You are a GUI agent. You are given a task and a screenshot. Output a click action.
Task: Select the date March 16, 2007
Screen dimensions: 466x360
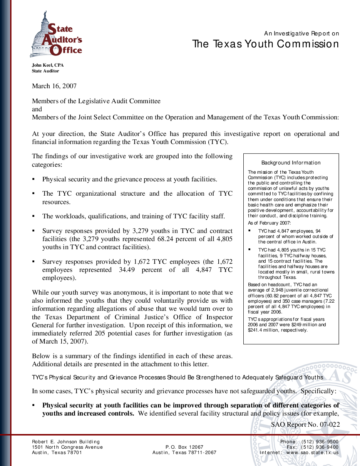pos(54,86)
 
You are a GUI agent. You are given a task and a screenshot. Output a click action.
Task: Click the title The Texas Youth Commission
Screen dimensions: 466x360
pos(265,44)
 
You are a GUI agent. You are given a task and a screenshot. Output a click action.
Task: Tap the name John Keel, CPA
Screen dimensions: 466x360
pos(48,65)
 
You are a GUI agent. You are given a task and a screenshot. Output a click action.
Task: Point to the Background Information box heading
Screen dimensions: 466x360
pos(291,163)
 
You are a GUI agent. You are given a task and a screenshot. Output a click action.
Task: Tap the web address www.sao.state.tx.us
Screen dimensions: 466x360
pos(311,453)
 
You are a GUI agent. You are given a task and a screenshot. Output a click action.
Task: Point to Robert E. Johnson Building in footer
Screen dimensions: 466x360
pos(66,442)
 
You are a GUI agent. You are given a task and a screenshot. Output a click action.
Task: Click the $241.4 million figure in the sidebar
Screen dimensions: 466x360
pos(262,330)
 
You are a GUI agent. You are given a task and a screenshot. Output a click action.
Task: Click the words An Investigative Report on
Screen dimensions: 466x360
pos(301,34)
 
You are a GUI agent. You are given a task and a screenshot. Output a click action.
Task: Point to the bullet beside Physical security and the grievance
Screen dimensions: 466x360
pos(34,179)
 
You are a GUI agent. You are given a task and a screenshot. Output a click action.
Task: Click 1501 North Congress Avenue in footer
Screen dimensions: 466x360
pos(67,447)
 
